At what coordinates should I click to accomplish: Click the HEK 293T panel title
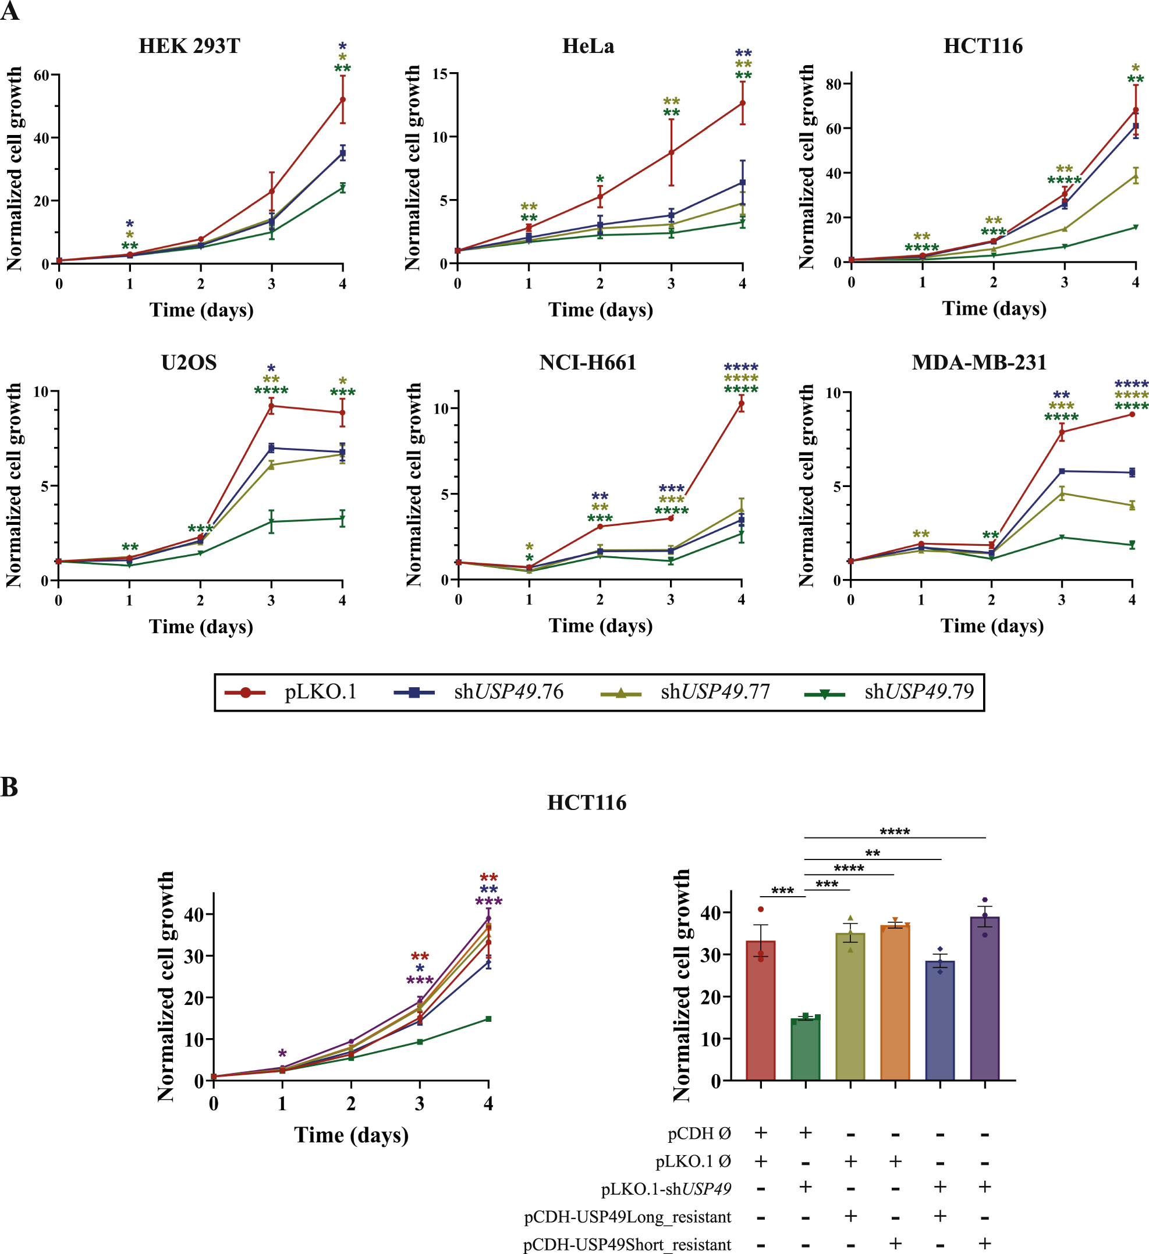tap(189, 46)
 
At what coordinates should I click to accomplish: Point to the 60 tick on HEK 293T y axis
tap(41, 75)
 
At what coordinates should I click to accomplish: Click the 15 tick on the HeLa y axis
tap(440, 74)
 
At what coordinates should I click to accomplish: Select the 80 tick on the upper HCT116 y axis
tap(834, 84)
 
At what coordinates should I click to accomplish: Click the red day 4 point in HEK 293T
tap(343, 100)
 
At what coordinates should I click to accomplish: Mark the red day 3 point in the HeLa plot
tap(671, 152)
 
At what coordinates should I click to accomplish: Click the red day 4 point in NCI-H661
tap(742, 404)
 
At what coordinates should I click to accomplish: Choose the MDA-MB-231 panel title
tap(979, 363)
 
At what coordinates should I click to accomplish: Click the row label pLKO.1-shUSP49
tap(666, 1189)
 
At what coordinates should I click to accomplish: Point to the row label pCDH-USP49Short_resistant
tap(627, 1245)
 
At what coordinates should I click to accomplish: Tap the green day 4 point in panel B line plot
tap(488, 1019)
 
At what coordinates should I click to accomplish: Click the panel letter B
tap(9, 787)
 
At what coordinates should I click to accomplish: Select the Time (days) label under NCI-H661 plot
tap(600, 626)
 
